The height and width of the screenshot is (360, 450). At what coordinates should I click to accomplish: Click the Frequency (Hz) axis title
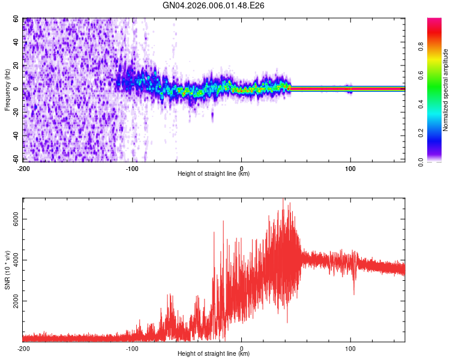pos(7,90)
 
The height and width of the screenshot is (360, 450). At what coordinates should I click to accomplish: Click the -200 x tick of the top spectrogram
pos(23,169)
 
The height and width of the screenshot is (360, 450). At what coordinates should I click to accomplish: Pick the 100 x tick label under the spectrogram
pos(350,169)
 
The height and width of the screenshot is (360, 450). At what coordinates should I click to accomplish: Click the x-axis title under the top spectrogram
pos(214,174)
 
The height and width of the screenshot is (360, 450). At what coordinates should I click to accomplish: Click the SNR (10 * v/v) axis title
pos(8,270)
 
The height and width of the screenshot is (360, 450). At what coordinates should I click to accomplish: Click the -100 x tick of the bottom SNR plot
pos(133,349)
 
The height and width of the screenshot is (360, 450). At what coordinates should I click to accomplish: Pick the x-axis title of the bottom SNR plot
pos(214,354)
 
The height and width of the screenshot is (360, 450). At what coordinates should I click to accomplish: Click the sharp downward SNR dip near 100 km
pos(354,292)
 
